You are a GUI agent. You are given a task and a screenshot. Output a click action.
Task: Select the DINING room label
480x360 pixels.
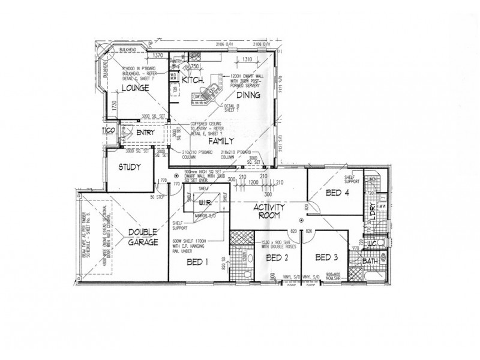(x=248, y=95)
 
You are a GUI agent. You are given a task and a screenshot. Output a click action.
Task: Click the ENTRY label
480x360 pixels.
(x=146, y=133)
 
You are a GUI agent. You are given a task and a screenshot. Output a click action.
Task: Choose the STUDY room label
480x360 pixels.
(x=129, y=167)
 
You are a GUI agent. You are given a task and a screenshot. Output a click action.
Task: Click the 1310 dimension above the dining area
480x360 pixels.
(x=247, y=59)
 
